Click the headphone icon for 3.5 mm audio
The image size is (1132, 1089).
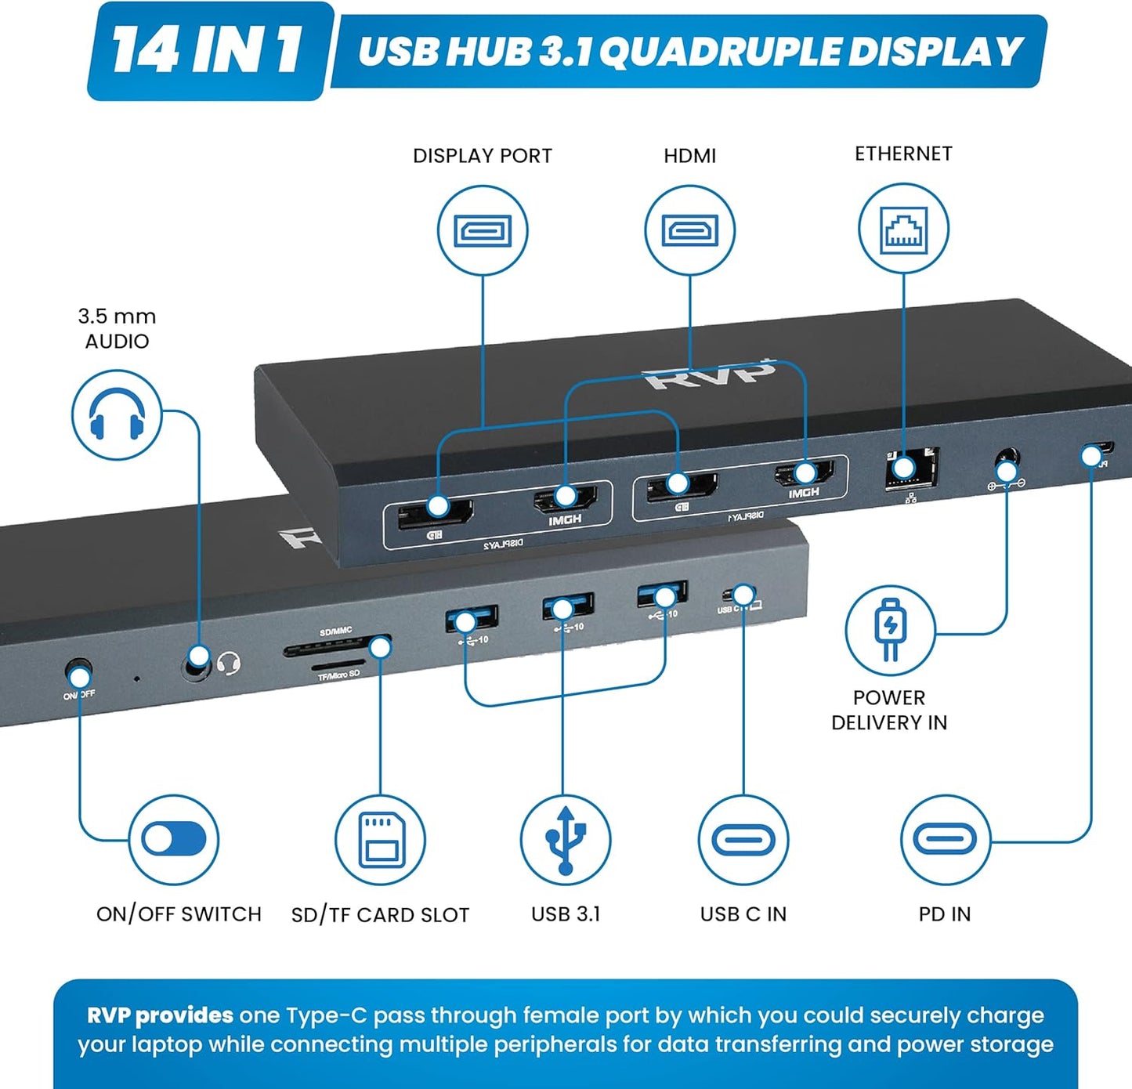pos(117,415)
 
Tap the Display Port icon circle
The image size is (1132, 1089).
pos(483,230)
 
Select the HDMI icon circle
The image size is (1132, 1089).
pos(689,230)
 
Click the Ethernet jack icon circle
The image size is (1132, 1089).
pos(903,229)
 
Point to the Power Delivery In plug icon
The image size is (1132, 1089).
pos(890,630)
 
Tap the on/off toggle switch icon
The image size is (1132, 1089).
pos(174,840)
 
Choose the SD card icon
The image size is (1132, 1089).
pos(381,840)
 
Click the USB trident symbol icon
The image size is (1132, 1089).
pos(566,840)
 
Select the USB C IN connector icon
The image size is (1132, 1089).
pos(743,840)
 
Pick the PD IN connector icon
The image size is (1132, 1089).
pos(945,840)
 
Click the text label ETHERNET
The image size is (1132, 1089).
pos(903,154)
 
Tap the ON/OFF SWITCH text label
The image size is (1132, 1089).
pos(179,914)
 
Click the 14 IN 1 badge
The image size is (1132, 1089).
pos(206,51)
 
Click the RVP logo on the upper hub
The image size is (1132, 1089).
pos(709,375)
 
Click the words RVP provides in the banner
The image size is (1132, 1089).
pos(160,1015)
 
